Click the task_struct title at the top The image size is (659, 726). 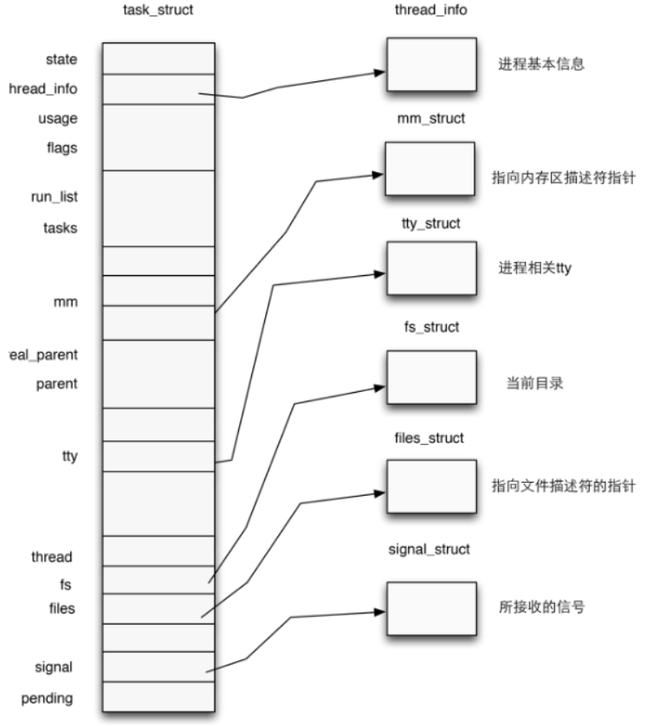(x=158, y=10)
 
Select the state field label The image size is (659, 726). (x=61, y=59)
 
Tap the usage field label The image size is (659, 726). (x=57, y=118)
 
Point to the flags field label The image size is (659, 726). (x=61, y=147)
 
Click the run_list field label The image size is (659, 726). (x=54, y=196)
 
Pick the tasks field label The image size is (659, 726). (x=60, y=228)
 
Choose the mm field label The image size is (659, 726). (x=65, y=302)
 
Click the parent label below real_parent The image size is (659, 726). (x=56, y=383)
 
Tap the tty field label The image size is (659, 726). (x=69, y=455)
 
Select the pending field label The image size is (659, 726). (x=48, y=697)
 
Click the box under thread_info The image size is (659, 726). (x=430, y=64)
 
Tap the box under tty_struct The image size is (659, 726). (x=430, y=269)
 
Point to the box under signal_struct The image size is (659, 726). (x=430, y=609)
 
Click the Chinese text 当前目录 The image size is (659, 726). (x=534, y=382)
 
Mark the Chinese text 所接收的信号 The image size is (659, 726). (x=542, y=607)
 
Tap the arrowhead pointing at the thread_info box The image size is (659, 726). (x=378, y=74)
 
